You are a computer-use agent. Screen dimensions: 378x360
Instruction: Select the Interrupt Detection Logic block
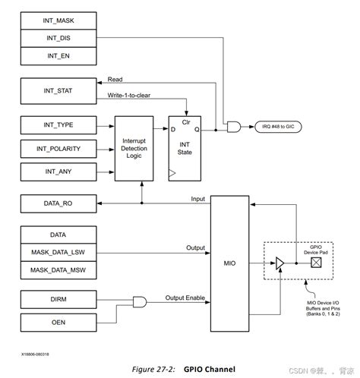click(138, 148)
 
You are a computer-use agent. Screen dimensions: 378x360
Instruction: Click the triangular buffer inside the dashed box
click(281, 263)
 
